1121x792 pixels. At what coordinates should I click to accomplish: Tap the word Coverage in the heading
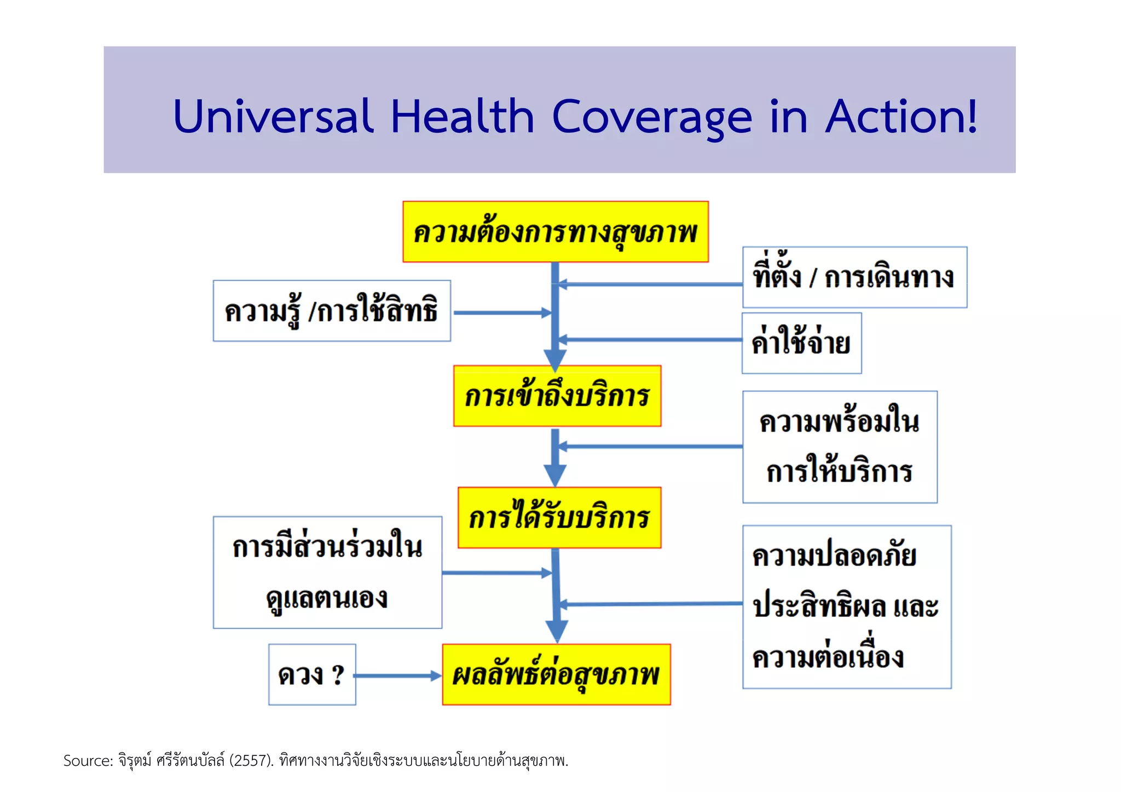(x=652, y=117)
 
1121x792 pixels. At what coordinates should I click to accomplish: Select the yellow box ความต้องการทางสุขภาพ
(x=555, y=232)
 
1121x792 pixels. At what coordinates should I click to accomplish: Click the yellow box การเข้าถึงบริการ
(x=557, y=396)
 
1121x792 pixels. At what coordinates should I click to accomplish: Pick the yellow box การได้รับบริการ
(x=559, y=517)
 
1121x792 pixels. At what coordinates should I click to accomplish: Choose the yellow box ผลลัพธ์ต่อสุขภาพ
(x=556, y=674)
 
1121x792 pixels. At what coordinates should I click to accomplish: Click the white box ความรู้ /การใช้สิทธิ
(x=332, y=311)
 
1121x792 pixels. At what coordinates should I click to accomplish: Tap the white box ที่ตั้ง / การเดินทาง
(x=854, y=277)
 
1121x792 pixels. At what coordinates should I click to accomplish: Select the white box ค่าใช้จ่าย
(x=801, y=343)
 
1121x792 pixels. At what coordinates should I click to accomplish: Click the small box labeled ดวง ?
(x=312, y=674)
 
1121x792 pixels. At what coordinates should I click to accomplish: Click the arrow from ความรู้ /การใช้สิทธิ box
(x=501, y=313)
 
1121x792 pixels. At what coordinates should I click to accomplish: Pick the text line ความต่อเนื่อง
(x=828, y=657)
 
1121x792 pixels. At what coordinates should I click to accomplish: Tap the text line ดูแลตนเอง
(x=327, y=598)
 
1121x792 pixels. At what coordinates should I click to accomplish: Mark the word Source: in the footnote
(x=88, y=761)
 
